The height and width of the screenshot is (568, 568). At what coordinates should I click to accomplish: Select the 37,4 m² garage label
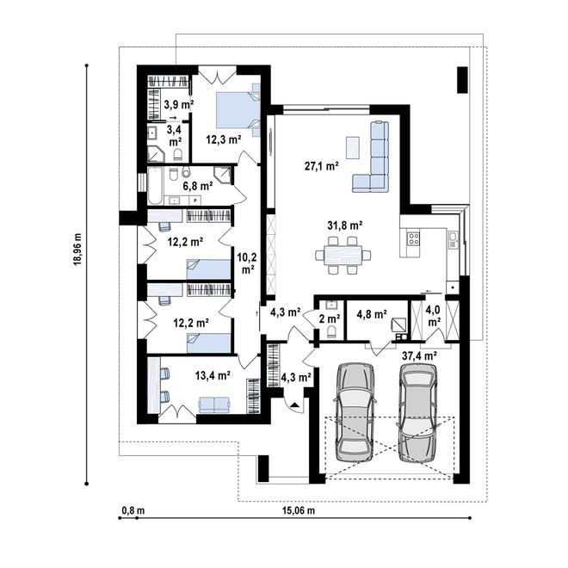[419, 354]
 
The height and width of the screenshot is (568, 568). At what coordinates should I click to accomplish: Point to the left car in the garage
[355, 411]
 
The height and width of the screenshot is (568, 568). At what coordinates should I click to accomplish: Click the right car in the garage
[418, 411]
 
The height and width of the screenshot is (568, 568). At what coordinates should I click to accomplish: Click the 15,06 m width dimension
[299, 510]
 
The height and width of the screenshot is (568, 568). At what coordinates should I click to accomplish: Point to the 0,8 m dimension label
[133, 510]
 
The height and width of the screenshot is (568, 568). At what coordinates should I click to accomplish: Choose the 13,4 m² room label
[187, 375]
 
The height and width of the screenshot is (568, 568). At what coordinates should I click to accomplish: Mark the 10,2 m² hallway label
[247, 262]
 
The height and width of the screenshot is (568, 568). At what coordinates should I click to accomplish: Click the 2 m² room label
[329, 317]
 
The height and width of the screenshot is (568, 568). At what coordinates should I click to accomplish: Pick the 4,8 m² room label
[371, 315]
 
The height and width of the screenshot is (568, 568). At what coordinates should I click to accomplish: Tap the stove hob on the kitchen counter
[411, 237]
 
